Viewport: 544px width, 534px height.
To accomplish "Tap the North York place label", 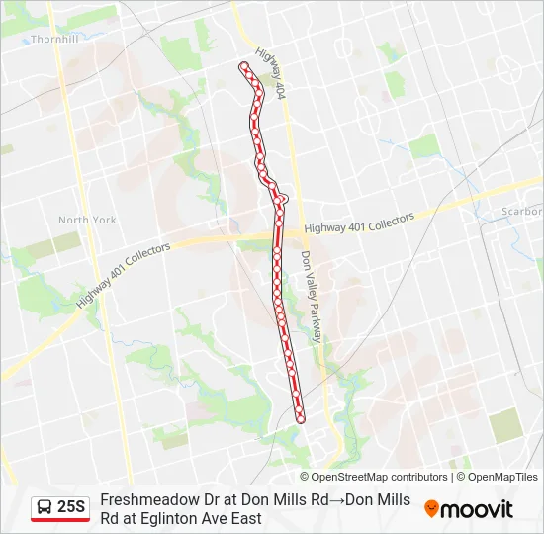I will click(x=87, y=220).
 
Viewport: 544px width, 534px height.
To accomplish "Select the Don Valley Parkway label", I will click(x=312, y=296).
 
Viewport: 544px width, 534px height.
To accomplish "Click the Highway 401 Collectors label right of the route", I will click(x=359, y=226).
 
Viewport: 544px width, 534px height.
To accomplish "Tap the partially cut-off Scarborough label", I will click(x=521, y=212).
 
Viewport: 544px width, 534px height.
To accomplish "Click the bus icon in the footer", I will click(x=45, y=507).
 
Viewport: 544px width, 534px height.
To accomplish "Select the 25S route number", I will click(x=71, y=507).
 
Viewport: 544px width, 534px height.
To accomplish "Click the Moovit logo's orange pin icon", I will click(x=431, y=508).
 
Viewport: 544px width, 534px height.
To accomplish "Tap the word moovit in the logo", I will click(x=477, y=509).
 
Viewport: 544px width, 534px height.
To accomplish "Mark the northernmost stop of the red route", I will click(x=243, y=66).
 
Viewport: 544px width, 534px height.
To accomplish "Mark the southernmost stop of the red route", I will click(x=301, y=417).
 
